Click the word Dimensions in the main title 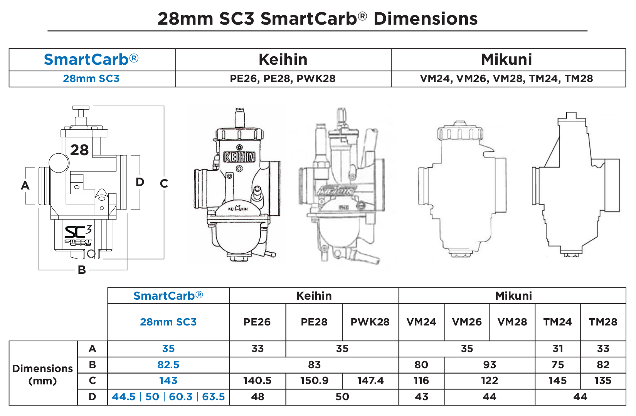click(425, 19)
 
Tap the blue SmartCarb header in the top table click(91, 60)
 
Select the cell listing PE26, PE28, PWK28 click(283, 79)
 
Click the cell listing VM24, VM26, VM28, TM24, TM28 click(506, 79)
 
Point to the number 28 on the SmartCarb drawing click(79, 150)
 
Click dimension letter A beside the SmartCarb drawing click(25, 186)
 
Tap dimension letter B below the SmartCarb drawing click(82, 270)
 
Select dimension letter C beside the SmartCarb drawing click(164, 184)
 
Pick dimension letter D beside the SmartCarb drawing click(140, 182)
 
